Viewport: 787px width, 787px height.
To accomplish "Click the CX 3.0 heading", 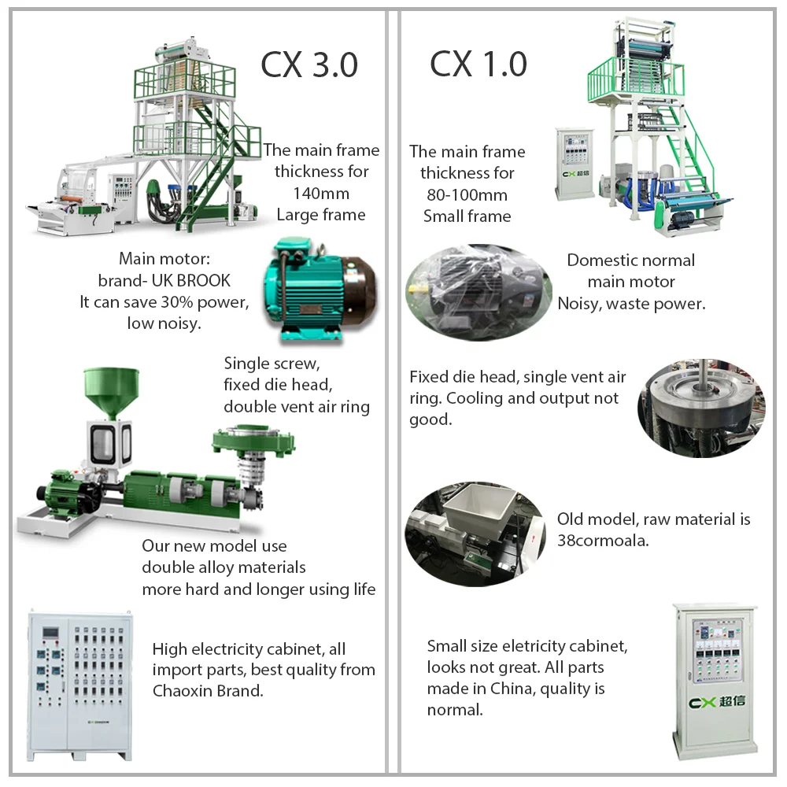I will pos(309,65).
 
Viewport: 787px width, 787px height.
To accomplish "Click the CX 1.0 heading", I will pos(478,65).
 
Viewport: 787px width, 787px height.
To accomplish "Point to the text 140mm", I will pos(321,193).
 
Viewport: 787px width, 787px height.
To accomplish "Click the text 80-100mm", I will pos(467,194).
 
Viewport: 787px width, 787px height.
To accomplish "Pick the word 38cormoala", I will pos(603,541).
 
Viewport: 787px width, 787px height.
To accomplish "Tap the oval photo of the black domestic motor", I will pos(478,291).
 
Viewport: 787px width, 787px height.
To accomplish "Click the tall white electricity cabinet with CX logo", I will pos(714,679).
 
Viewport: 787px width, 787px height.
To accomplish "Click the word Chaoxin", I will pos(183,692).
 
